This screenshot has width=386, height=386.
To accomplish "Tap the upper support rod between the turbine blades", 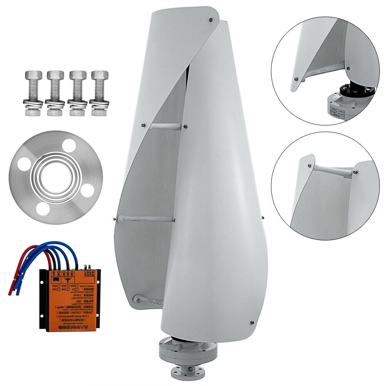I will [164, 126].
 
